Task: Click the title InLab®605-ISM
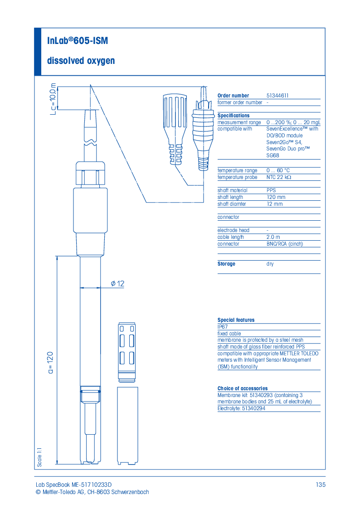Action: [78, 41]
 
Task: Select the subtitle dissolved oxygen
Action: [81, 61]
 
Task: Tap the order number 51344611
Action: [277, 96]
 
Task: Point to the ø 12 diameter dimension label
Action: [117, 284]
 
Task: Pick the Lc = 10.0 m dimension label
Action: [53, 97]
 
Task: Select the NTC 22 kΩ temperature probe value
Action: [278, 177]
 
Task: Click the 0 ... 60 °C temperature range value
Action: [278, 170]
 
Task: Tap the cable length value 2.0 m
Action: [273, 237]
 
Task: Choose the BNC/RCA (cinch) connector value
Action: [284, 244]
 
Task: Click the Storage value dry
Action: [270, 264]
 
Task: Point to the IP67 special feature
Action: [223, 327]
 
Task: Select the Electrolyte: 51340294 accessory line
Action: [241, 408]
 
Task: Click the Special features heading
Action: [236, 320]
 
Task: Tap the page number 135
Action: [321, 485]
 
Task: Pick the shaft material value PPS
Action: [271, 190]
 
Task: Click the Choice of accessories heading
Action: [242, 388]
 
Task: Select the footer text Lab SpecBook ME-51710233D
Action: [73, 485]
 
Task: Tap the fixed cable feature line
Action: [229, 334]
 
